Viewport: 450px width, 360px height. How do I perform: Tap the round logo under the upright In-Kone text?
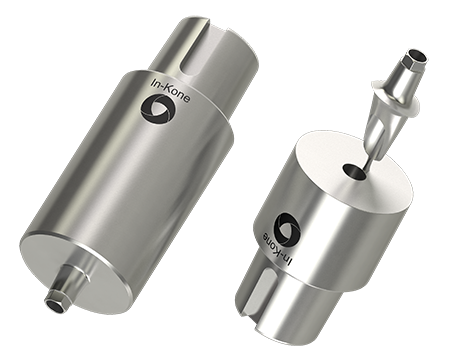157,109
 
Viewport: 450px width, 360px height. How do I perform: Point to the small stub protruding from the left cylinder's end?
66,286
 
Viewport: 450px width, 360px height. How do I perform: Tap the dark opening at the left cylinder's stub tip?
56,305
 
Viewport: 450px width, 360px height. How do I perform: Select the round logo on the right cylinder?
287,226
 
